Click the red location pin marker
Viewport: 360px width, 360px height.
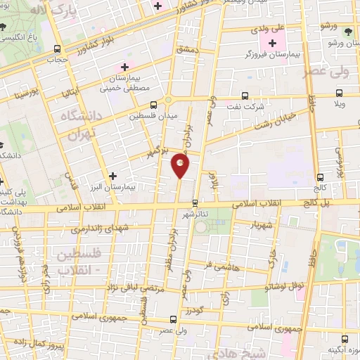[x=180, y=165]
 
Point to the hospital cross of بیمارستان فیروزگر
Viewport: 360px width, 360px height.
[x=272, y=44]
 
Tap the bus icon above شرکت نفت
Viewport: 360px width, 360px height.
[x=245, y=96]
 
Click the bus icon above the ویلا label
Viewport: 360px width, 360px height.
[x=340, y=93]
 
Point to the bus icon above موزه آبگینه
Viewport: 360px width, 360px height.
[x=343, y=339]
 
